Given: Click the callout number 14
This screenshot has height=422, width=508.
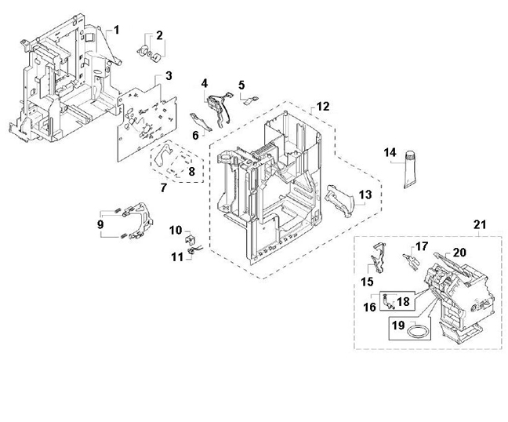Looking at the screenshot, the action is click(x=390, y=152).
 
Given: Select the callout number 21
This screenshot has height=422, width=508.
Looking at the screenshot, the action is click(x=480, y=224).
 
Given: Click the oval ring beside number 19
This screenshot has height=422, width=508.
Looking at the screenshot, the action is click(x=419, y=332).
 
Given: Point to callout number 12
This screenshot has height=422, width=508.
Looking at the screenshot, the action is click(x=323, y=107).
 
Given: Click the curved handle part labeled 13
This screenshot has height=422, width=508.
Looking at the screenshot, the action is click(x=339, y=201).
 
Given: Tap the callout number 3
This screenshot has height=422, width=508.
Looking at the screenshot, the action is click(x=169, y=76).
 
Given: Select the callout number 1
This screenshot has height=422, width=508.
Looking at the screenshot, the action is click(x=116, y=30).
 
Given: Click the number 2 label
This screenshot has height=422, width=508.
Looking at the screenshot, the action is click(x=159, y=35).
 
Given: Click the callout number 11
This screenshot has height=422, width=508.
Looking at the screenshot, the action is click(x=177, y=257).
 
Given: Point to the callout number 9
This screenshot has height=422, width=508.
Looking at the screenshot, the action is click(x=100, y=224).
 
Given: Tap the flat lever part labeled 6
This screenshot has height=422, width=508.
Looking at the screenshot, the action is click(x=201, y=122).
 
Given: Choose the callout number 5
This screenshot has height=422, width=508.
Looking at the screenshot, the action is click(x=241, y=85).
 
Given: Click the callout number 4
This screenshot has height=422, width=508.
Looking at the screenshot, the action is click(x=204, y=83).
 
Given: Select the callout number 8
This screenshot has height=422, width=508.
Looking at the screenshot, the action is click(x=191, y=172).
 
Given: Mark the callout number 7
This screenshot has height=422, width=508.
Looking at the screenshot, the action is click(x=164, y=187).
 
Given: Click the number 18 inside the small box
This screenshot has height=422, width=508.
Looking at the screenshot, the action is click(x=403, y=302).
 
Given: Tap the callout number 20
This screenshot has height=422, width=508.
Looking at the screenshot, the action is click(x=459, y=252).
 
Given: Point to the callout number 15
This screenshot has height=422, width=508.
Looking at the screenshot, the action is click(x=367, y=282).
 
